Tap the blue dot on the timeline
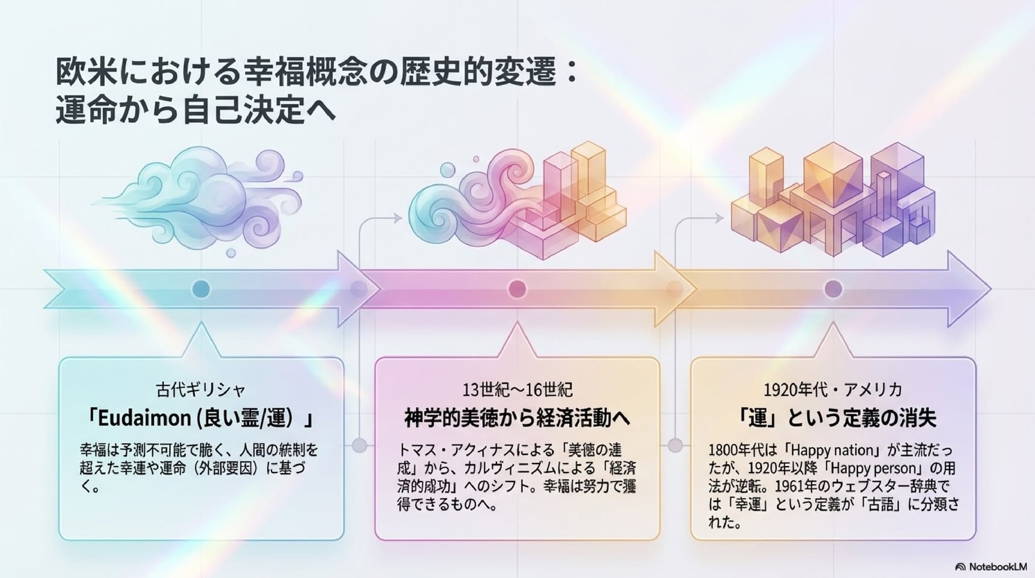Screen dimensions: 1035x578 tap(200, 289)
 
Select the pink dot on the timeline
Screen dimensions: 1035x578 tap(517, 289)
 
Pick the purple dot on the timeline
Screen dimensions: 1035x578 tap(833, 289)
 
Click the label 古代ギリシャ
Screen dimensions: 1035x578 tap(201, 390)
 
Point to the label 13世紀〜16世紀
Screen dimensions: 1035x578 tap(517, 390)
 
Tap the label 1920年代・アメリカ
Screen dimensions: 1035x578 tap(833, 390)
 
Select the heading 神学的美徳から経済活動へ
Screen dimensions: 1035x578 tap(517, 418)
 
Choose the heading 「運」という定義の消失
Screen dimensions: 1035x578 tap(833, 418)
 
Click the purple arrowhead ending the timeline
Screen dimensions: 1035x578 tap(969, 289)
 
